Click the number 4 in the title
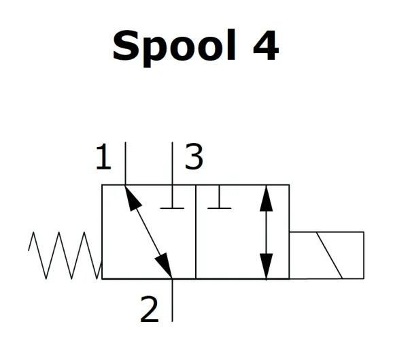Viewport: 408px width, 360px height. [x=264, y=46]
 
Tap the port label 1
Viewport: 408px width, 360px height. [x=103, y=159]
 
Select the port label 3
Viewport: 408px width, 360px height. [x=194, y=159]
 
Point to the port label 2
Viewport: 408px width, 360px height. [x=149, y=310]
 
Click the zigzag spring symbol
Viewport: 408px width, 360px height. [x=65, y=255]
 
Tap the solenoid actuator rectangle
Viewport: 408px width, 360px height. [x=326, y=255]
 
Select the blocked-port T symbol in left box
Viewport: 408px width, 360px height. [x=173, y=204]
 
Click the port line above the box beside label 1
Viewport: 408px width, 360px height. [x=125, y=163]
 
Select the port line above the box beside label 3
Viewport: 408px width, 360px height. [x=173, y=163]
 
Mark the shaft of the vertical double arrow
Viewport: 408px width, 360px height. [x=267, y=231]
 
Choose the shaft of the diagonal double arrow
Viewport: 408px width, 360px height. [x=148, y=231]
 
